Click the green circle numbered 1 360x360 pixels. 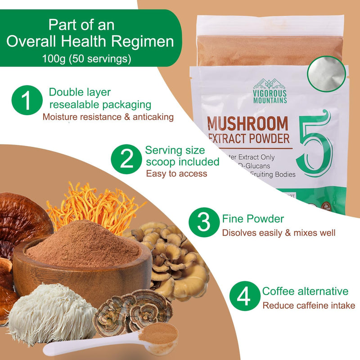coord(27,101)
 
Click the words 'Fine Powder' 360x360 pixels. coord(253,219)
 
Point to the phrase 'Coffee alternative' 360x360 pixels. coord(305,291)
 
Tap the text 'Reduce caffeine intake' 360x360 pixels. coord(309,306)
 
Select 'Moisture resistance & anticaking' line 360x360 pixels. coord(108,117)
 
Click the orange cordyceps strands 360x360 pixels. coord(94,202)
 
